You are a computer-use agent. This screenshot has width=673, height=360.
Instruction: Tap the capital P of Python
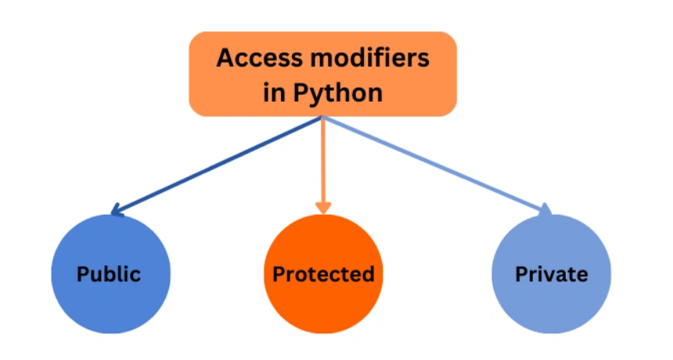pyautogui.click(x=302, y=93)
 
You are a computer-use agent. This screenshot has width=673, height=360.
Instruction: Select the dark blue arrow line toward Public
pyautogui.click(x=219, y=164)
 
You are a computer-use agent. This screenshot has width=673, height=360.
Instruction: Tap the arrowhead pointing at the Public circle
pyautogui.click(x=117, y=210)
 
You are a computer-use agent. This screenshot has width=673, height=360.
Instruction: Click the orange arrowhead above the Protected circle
pyautogui.click(x=323, y=207)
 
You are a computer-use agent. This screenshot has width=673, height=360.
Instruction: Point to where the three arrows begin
pyautogui.click(x=323, y=117)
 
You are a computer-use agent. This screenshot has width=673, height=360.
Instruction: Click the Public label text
pyautogui.click(x=109, y=275)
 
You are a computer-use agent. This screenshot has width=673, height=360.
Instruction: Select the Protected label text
pyautogui.click(x=323, y=275)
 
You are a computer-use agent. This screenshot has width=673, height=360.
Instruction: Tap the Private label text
pyautogui.click(x=551, y=275)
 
